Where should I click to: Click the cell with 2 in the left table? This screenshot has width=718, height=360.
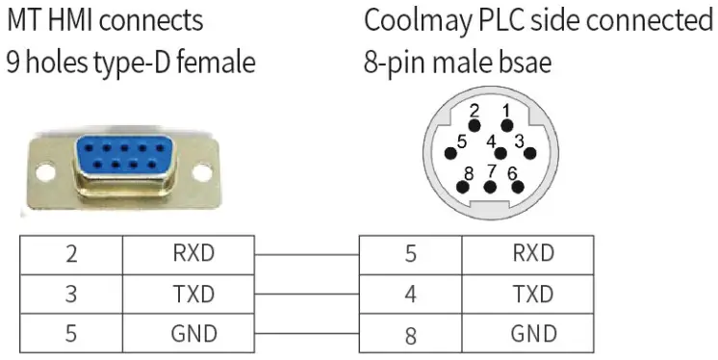71,254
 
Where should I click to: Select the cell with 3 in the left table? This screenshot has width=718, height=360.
71,294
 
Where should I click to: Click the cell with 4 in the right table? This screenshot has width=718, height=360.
410,294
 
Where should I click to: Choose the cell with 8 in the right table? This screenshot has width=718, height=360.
410,333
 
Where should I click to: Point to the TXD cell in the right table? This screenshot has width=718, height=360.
532,294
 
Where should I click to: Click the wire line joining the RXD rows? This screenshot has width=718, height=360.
306,255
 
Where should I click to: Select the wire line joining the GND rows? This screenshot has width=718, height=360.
306,334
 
